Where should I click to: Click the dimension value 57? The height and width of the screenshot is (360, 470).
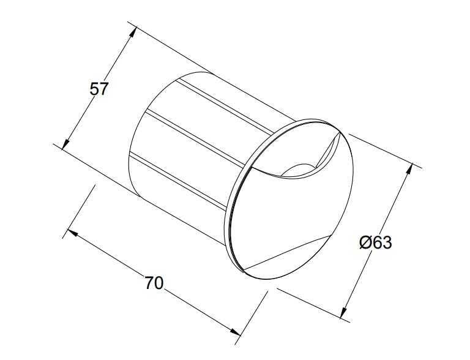99,89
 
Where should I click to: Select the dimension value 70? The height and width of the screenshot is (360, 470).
154,283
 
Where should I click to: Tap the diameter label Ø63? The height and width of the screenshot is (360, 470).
375,242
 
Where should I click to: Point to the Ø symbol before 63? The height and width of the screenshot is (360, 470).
365,242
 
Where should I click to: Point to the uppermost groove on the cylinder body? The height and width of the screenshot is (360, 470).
226,101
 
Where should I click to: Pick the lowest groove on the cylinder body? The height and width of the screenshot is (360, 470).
184,178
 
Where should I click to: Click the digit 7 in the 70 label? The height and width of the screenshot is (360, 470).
149,283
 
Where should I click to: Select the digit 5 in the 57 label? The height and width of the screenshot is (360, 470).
95,89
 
